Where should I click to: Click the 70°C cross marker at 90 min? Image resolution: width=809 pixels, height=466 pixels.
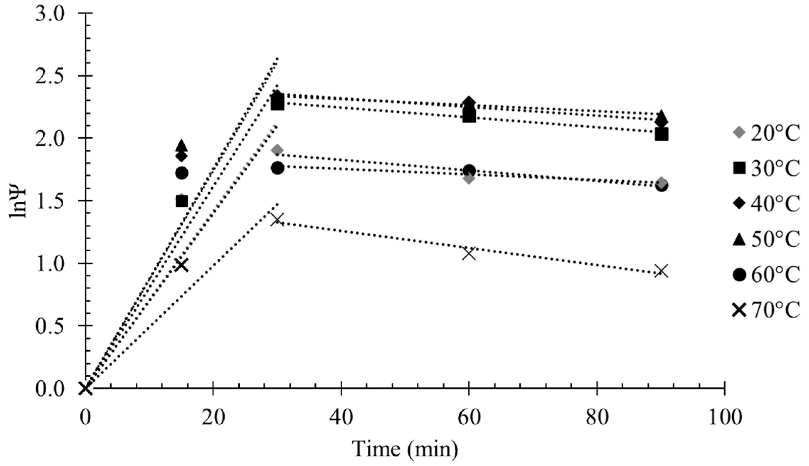pos(661,271)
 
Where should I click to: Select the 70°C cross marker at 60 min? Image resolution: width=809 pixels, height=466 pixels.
pos(469,253)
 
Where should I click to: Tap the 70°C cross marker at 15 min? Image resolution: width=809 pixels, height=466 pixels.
pos(182,265)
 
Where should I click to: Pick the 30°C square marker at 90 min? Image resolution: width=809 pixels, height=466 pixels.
pos(661,135)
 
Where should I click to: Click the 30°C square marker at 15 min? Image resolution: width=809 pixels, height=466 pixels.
pos(182,201)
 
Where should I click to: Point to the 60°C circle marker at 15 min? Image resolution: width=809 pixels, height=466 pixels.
pos(182,173)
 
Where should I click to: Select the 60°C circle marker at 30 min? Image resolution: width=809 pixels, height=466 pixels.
pos(277,168)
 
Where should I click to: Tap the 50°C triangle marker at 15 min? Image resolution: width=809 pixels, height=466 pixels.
pos(182,145)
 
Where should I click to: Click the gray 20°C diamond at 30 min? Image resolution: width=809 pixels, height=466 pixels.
pos(277,150)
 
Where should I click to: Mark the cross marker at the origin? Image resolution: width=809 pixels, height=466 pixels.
pos(85,389)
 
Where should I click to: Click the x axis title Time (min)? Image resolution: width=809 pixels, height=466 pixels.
pos(405,449)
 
